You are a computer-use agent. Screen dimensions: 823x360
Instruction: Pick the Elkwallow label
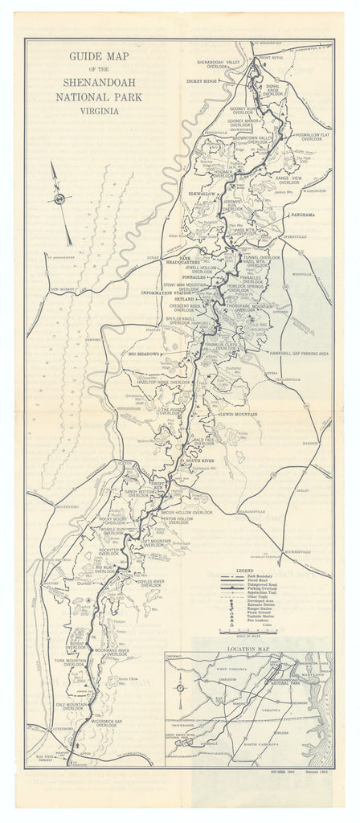coord(201,194)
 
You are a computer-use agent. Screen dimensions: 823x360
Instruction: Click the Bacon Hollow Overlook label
coord(187,511)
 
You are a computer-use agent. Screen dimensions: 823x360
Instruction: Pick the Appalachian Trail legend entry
coord(259,593)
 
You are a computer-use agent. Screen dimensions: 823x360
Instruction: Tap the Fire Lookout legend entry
coord(259,627)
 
